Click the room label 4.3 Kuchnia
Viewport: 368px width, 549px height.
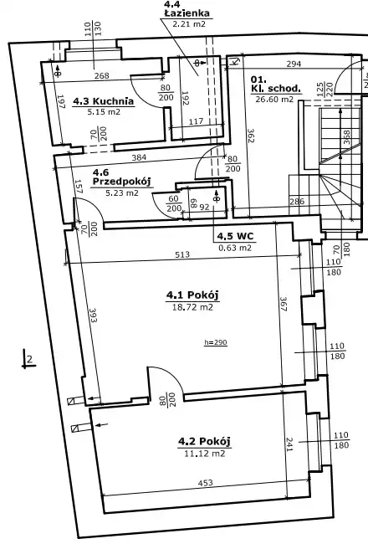click(103, 101)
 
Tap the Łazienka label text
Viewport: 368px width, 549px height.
click(187, 13)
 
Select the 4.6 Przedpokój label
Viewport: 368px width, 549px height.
click(121, 177)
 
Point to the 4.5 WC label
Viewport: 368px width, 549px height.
click(235, 236)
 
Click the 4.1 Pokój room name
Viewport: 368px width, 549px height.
click(192, 295)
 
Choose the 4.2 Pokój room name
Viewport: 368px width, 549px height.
click(205, 441)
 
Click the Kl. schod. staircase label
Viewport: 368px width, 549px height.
click(276, 84)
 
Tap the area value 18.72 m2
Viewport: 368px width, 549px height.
click(192, 307)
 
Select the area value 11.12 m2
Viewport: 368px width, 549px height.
click(205, 454)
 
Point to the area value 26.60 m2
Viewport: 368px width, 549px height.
click(274, 99)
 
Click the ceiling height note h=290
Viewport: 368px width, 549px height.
click(216, 342)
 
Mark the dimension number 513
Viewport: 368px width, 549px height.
click(182, 254)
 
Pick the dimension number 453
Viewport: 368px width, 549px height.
click(206, 483)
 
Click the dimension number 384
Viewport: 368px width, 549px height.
click(139, 157)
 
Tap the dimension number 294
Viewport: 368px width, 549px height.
click(294, 64)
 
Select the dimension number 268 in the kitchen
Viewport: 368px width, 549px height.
click(102, 75)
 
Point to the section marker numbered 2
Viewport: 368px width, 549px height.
click(30, 359)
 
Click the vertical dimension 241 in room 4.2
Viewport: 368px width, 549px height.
click(289, 444)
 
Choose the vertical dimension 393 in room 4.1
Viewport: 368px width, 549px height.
click(93, 316)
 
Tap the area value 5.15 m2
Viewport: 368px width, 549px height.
click(104, 112)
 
